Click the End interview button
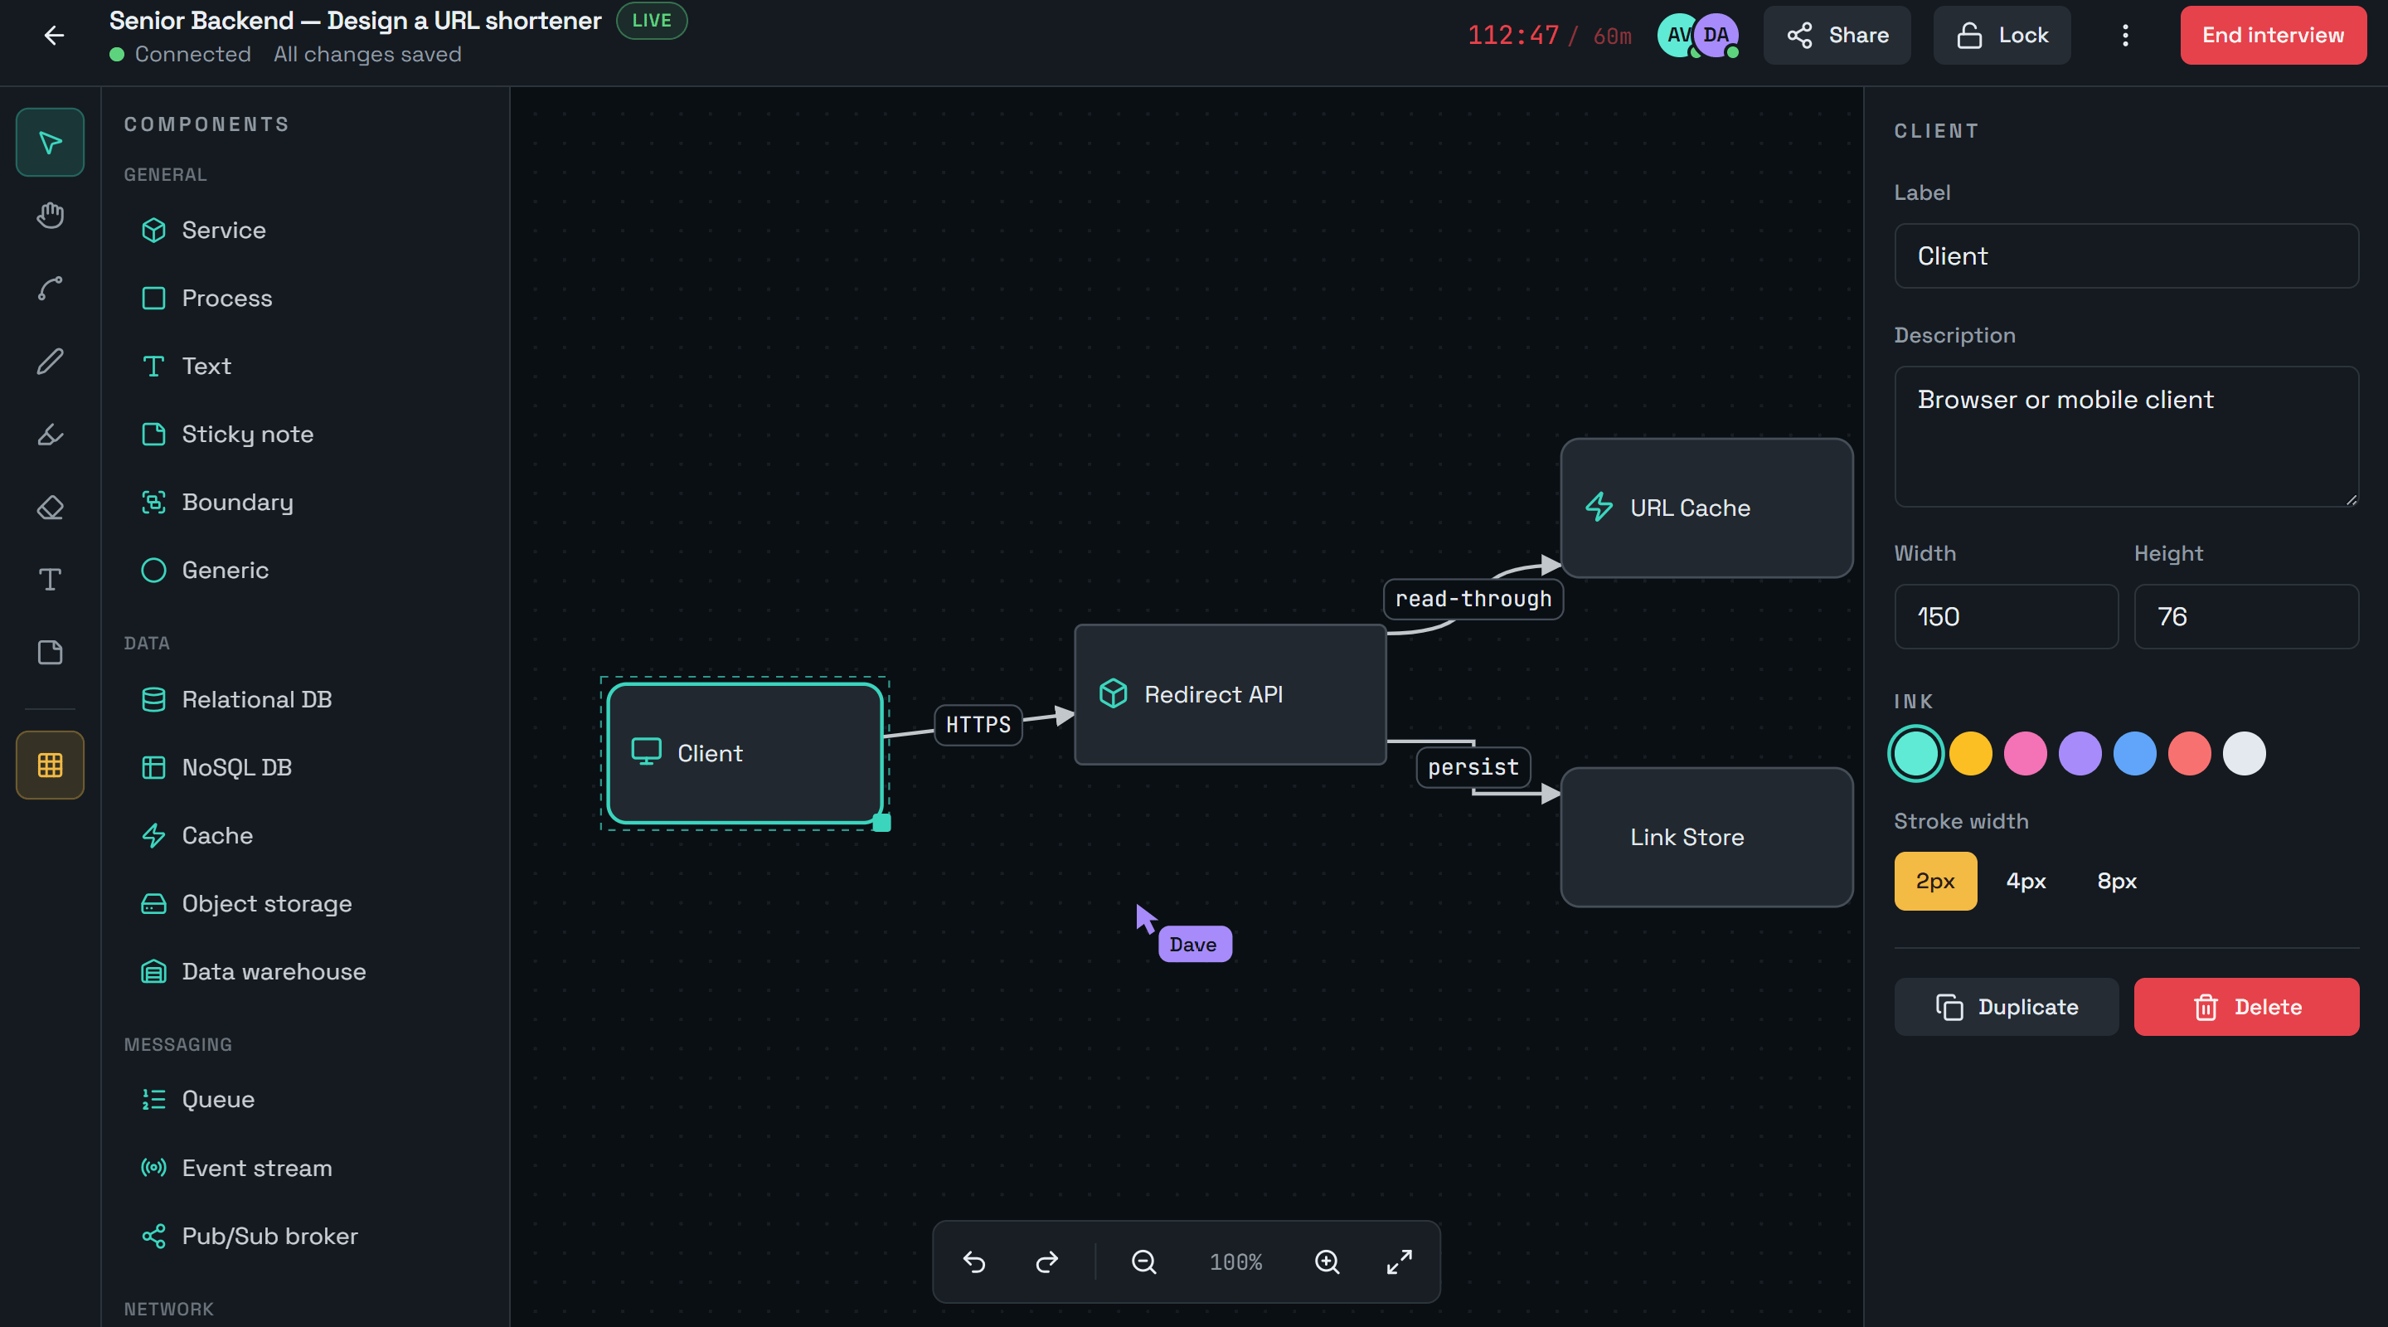coord(2272,35)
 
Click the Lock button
coord(2002,35)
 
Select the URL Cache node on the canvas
coord(1706,508)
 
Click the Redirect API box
coord(1230,694)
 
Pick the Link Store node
coord(1706,838)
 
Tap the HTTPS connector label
coord(978,724)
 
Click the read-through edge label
coord(1473,599)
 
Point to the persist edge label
coord(1473,767)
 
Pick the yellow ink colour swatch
coord(1971,753)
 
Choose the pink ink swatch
coord(2026,753)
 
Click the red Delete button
coord(2246,1007)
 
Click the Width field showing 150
coord(2006,617)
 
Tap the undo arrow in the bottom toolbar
coord(974,1262)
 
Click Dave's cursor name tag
coord(1194,944)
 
